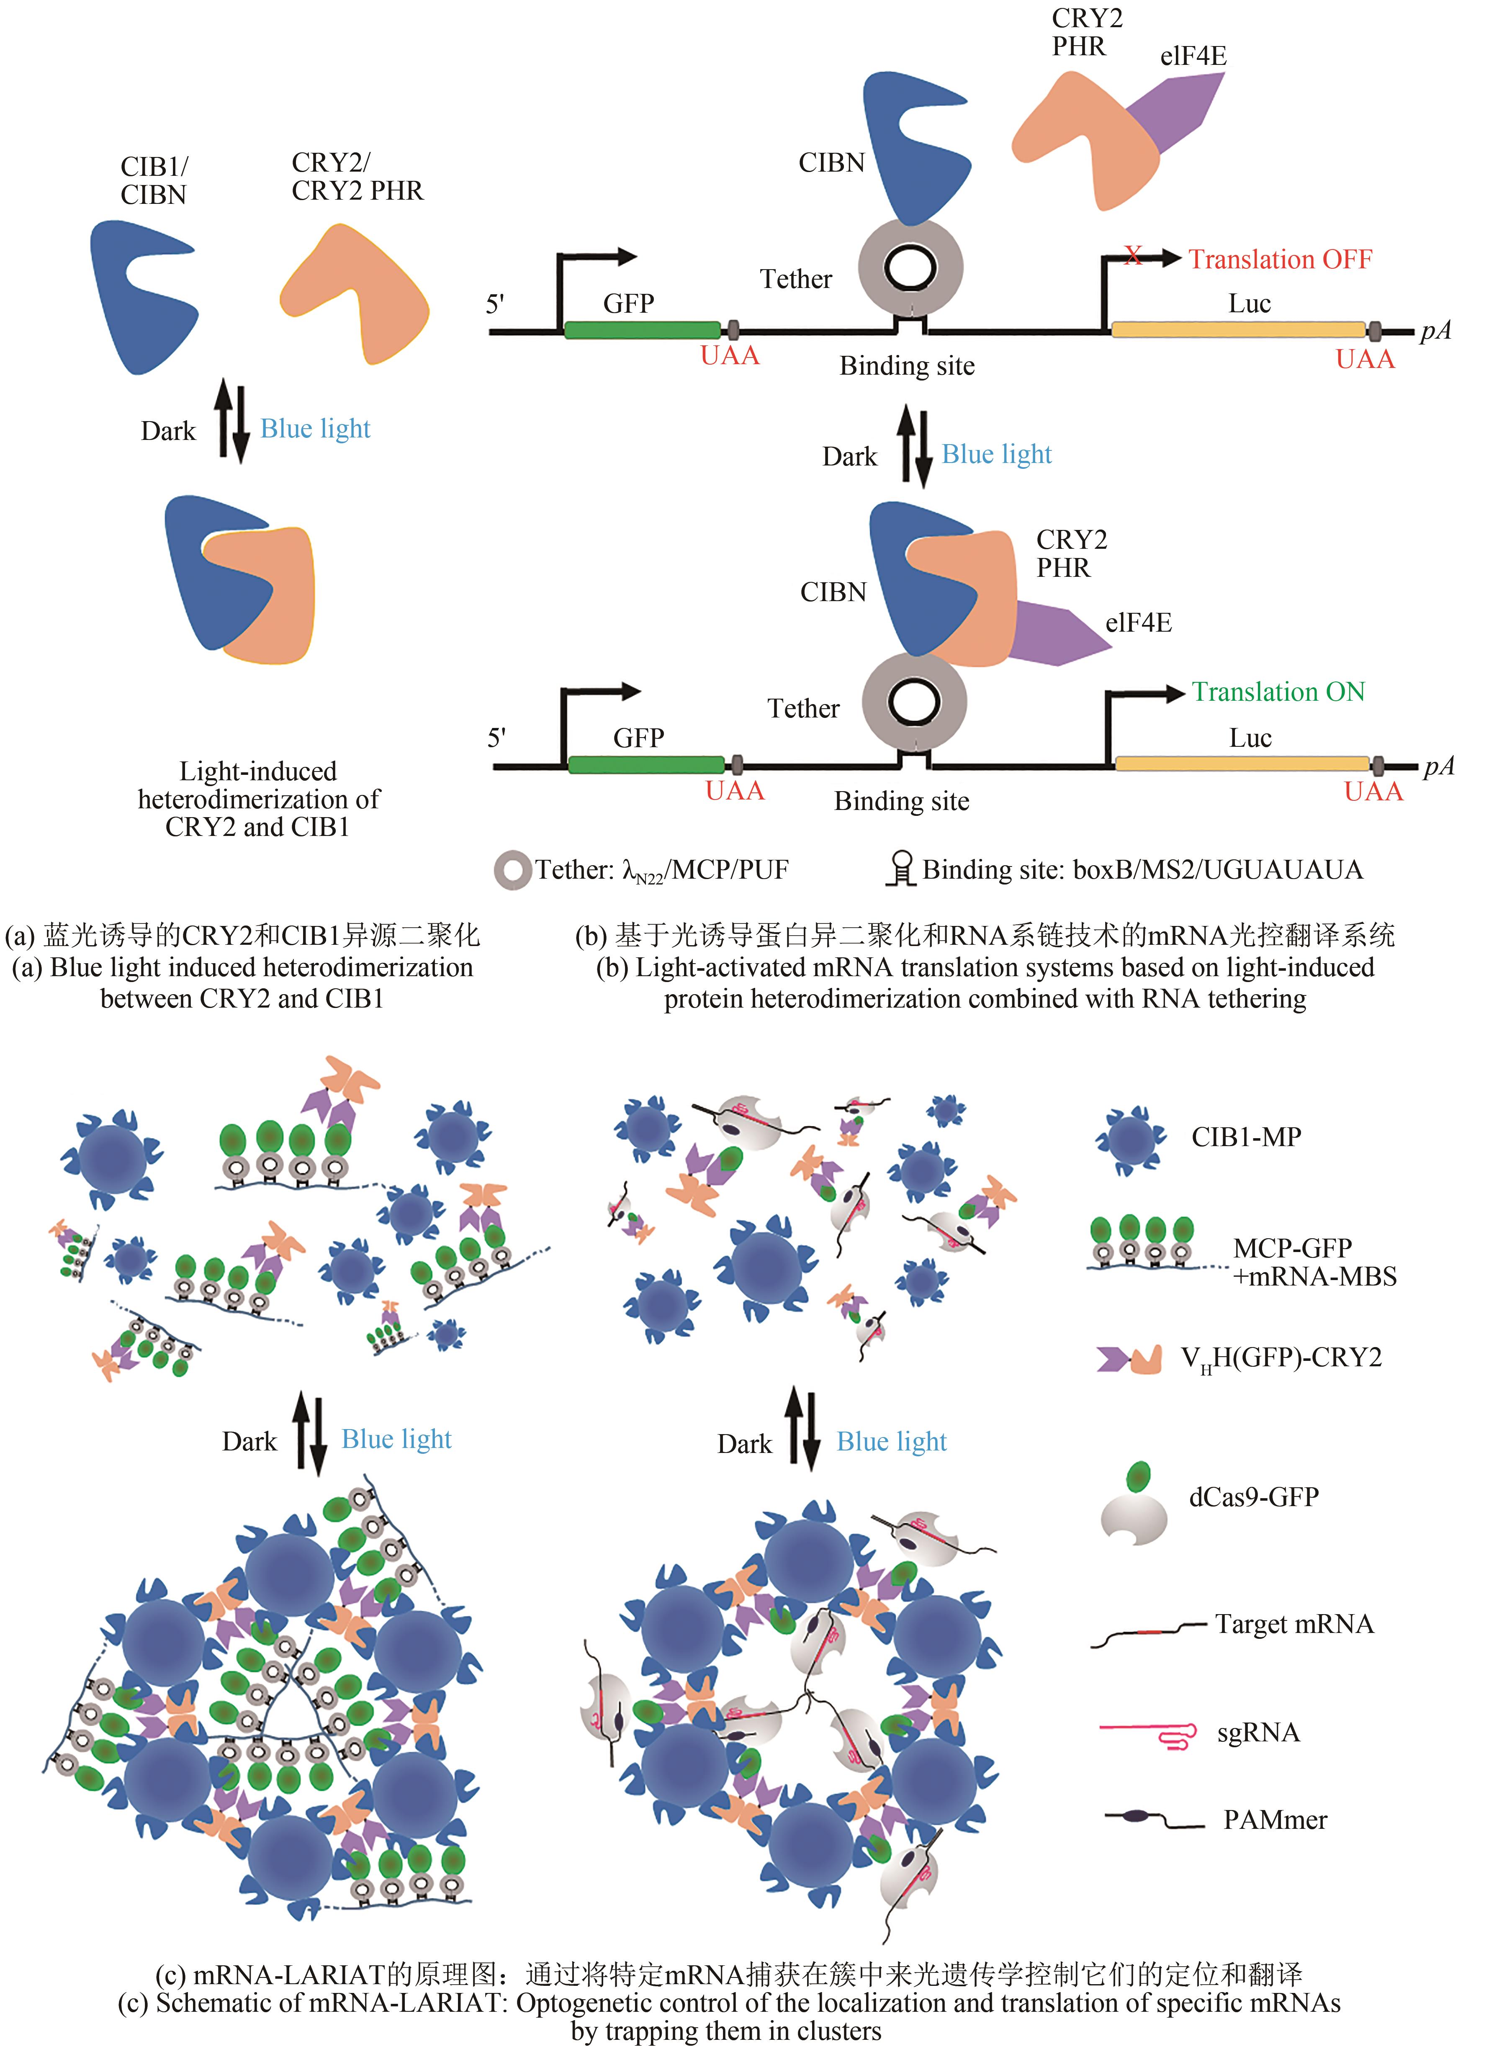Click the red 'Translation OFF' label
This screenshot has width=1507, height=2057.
(x=1280, y=260)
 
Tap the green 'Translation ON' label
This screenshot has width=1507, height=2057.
(x=1278, y=692)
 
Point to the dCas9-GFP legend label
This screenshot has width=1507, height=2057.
(x=1253, y=1497)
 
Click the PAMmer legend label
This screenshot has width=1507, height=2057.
(x=1274, y=1820)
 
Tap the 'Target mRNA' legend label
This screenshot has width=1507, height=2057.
(x=1294, y=1625)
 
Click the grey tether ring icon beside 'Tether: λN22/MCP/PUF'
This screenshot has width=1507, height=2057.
(x=512, y=870)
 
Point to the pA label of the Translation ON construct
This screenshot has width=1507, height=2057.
(x=1439, y=766)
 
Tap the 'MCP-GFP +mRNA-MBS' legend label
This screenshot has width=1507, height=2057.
(x=1314, y=1262)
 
